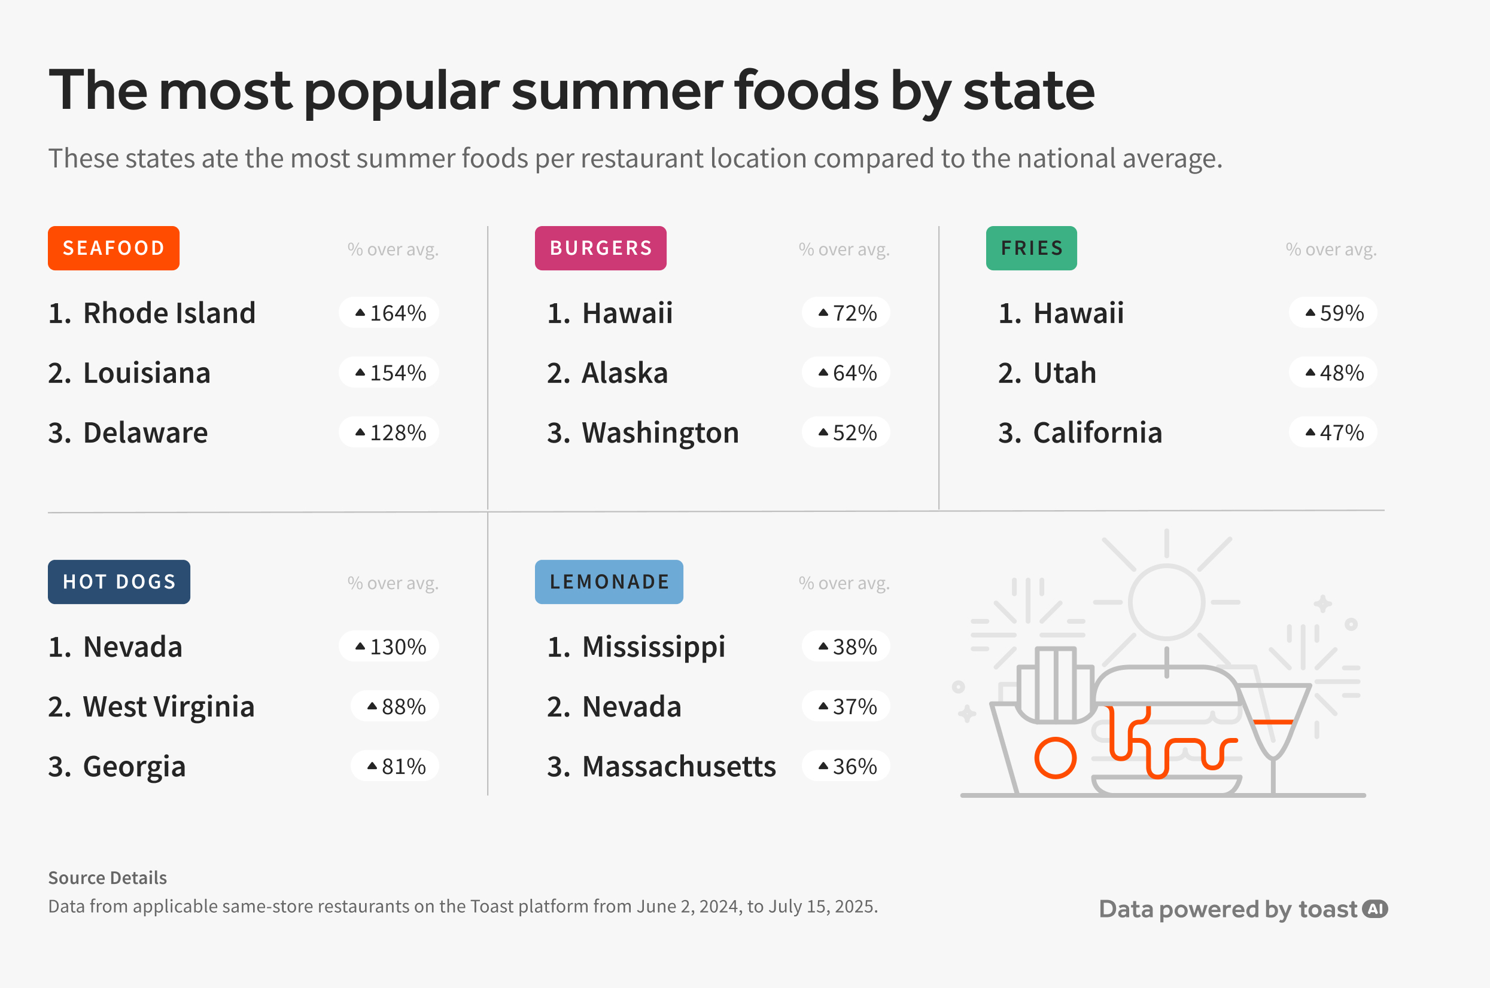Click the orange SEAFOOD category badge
pyautogui.click(x=114, y=248)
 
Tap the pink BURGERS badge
pyautogui.click(x=600, y=248)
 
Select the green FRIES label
pyautogui.click(x=1031, y=248)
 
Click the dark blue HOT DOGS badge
pyautogui.click(x=118, y=581)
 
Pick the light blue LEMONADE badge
pyautogui.click(x=609, y=581)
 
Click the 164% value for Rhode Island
pyautogui.click(x=389, y=313)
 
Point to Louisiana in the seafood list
pyautogui.click(x=146, y=373)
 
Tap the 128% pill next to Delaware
pyautogui.click(x=389, y=432)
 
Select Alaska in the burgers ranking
pyautogui.click(x=624, y=373)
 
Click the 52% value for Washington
pyautogui.click(x=846, y=432)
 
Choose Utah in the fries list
pyautogui.click(x=1065, y=373)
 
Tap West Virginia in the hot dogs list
pyautogui.click(x=168, y=706)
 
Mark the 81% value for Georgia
pyautogui.click(x=395, y=766)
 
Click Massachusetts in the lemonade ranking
pyautogui.click(x=678, y=766)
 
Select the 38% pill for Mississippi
pyautogui.click(x=846, y=647)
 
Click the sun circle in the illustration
pyautogui.click(x=1166, y=602)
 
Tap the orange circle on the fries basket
pyautogui.click(x=1055, y=757)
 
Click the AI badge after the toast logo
pyautogui.click(x=1375, y=908)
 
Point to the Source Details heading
pyautogui.click(x=107, y=878)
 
